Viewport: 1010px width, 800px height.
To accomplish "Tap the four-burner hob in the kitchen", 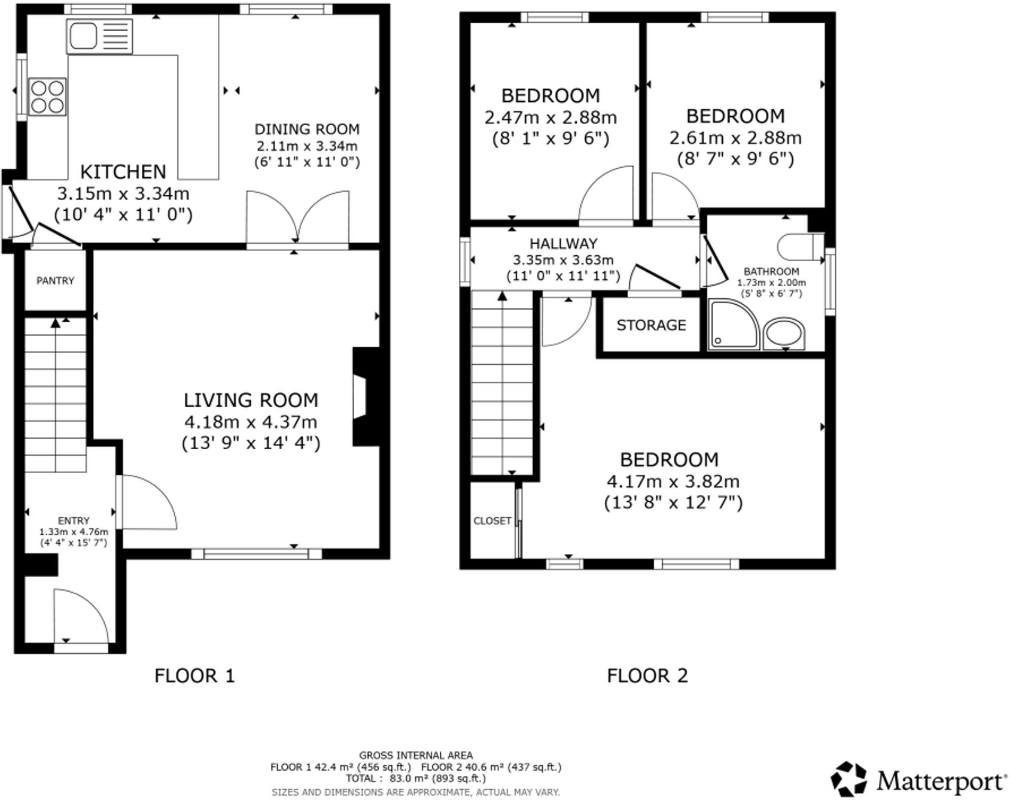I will tap(47, 96).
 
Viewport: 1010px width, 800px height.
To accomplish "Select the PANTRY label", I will tap(55, 280).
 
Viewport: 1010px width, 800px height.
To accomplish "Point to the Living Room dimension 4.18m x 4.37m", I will tap(251, 422).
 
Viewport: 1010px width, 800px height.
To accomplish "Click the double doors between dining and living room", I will tap(297, 219).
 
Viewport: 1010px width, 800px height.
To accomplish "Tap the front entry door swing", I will tap(80, 617).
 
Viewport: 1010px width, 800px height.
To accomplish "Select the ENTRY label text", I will tap(74, 520).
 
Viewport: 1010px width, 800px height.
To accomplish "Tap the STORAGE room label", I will tap(651, 325).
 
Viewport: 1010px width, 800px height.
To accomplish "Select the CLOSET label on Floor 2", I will tap(492, 520).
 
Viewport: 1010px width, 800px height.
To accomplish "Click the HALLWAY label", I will tap(563, 244).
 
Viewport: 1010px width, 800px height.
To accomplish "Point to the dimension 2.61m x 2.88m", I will tap(735, 138).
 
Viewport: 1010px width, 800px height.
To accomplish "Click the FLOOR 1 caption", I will tap(194, 675).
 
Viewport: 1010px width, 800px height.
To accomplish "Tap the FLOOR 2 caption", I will tap(647, 675).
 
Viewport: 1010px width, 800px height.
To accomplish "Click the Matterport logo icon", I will tap(848, 779).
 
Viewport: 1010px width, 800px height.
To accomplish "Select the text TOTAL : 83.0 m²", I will tap(415, 778).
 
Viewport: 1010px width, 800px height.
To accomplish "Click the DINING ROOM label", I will tap(307, 129).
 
